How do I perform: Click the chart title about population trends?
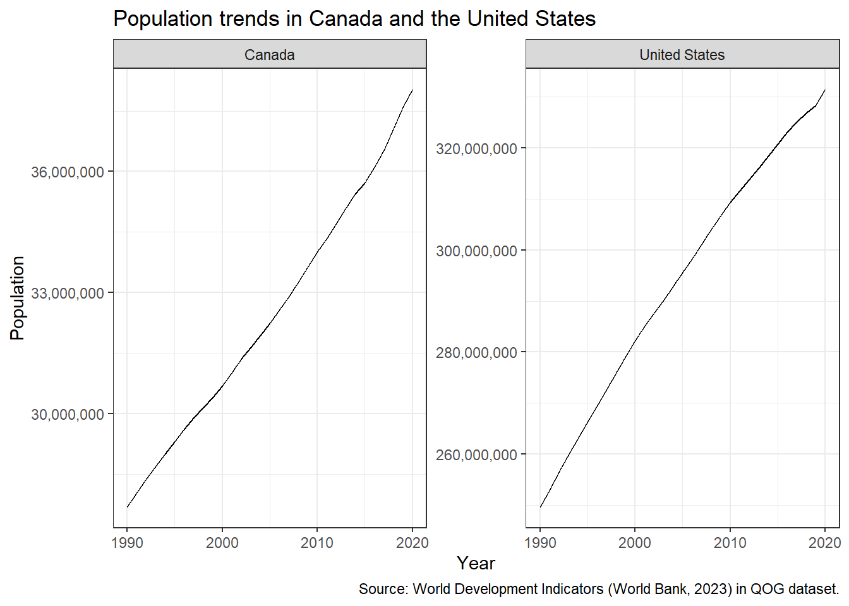[354, 18]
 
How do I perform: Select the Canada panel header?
[270, 54]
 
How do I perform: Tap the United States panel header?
[682, 54]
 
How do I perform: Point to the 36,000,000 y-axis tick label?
[67, 172]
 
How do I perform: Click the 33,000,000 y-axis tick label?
[67, 293]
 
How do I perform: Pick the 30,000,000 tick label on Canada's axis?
[67, 414]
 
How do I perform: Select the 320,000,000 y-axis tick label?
[476, 149]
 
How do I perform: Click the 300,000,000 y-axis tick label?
[476, 251]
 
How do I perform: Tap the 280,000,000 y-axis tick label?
[476, 353]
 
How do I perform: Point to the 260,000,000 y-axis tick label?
[476, 454]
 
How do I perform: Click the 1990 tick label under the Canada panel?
[128, 543]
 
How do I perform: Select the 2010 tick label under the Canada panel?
[317, 543]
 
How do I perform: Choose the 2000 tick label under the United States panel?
[635, 543]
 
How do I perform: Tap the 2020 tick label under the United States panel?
[824, 543]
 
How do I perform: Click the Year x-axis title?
[476, 564]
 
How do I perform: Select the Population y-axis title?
[17, 298]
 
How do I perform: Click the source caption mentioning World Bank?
[599, 589]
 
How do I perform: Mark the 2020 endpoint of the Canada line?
[412, 90]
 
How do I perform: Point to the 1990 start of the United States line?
[540, 507]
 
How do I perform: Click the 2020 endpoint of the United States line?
[825, 90]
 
